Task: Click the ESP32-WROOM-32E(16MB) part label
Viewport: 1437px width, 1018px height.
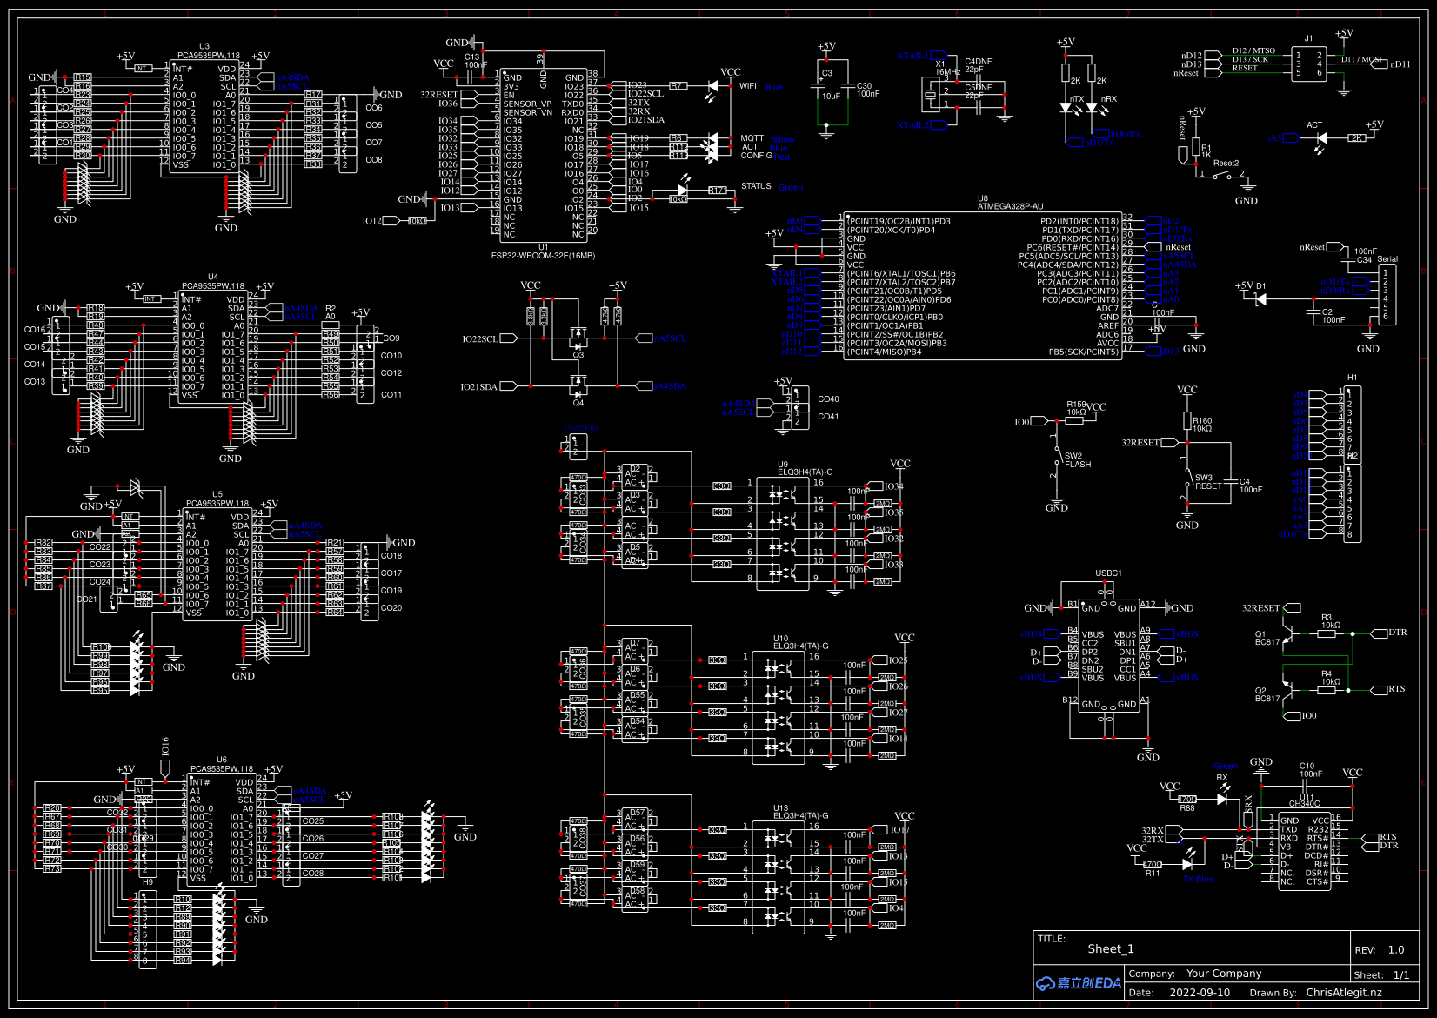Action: pyautogui.click(x=543, y=256)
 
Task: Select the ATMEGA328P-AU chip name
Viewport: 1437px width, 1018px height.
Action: pyautogui.click(x=1010, y=207)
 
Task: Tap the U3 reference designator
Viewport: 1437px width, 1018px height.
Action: pyautogui.click(x=204, y=46)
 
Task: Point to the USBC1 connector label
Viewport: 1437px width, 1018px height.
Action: pyautogui.click(x=1108, y=573)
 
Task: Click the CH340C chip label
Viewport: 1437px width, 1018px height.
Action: pyautogui.click(x=1304, y=804)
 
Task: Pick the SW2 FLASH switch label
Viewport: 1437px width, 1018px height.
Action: pyautogui.click(x=1077, y=460)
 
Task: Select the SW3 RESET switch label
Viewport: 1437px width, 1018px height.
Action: pyautogui.click(x=1207, y=482)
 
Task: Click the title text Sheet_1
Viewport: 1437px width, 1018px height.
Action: pyautogui.click(x=1110, y=948)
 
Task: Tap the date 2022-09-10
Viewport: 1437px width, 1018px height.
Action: pyautogui.click(x=1200, y=992)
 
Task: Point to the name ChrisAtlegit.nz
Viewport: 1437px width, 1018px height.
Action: pyautogui.click(x=1343, y=992)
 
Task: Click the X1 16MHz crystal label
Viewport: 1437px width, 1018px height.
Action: pyautogui.click(x=946, y=68)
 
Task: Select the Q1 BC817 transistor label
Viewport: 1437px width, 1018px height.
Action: pyautogui.click(x=1267, y=638)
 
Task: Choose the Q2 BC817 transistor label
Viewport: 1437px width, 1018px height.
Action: pyautogui.click(x=1267, y=694)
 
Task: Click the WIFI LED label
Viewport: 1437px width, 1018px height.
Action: pyautogui.click(x=748, y=86)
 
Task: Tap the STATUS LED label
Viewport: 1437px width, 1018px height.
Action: pyautogui.click(x=756, y=186)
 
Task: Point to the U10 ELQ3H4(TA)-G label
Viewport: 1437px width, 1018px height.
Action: pyautogui.click(x=800, y=642)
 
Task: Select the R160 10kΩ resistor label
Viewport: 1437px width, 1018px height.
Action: pyautogui.click(x=1201, y=425)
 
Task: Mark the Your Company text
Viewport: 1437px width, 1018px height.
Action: pyautogui.click(x=1223, y=974)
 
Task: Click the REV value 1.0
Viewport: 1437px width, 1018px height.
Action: pyautogui.click(x=1396, y=949)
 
